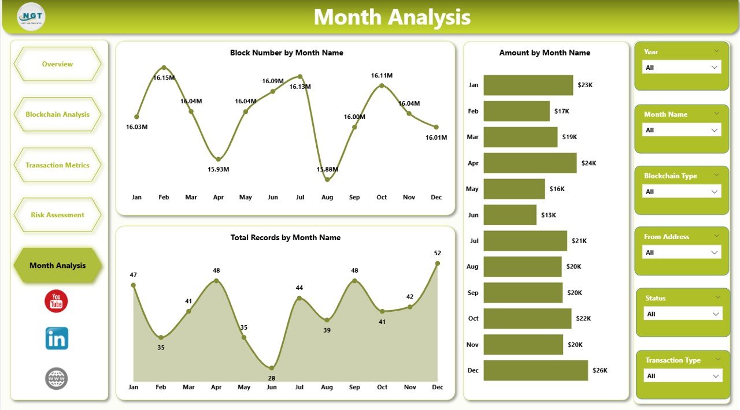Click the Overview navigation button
pyautogui.click(x=57, y=64)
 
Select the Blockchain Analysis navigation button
pyautogui.click(x=57, y=114)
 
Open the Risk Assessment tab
pyautogui.click(x=57, y=215)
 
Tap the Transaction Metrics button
pyautogui.click(x=57, y=165)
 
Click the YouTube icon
pyautogui.click(x=56, y=301)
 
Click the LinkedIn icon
pyautogui.click(x=57, y=338)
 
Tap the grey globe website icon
pyautogui.click(x=57, y=379)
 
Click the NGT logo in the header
pyautogui.click(x=31, y=17)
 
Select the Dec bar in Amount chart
pyautogui.click(x=535, y=370)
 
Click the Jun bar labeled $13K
pyautogui.click(x=510, y=215)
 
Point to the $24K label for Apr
pyautogui.click(x=589, y=163)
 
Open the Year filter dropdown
pyautogui.click(x=682, y=68)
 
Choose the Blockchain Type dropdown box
pyautogui.click(x=682, y=192)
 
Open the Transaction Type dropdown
pyautogui.click(x=683, y=376)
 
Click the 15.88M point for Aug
pyautogui.click(x=327, y=180)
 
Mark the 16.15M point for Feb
pyautogui.click(x=164, y=68)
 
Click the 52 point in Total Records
pyautogui.click(x=437, y=263)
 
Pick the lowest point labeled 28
pyautogui.click(x=272, y=368)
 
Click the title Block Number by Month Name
pyautogui.click(x=286, y=53)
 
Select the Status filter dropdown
pyautogui.click(x=683, y=314)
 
